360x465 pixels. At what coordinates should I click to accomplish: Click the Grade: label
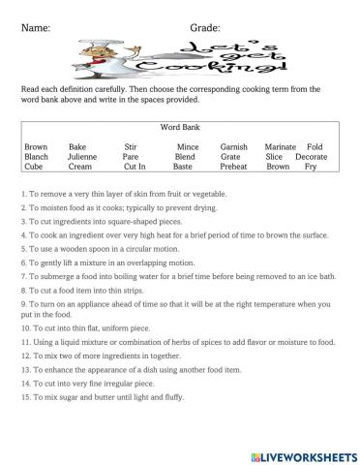[202, 28]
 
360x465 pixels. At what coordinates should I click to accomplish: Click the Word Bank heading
[177, 127]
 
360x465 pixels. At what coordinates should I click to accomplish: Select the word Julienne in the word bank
[83, 157]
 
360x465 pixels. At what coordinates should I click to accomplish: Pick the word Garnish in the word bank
[234, 146]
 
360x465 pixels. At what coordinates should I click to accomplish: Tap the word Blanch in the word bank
[36, 157]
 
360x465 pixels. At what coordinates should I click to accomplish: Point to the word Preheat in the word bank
[234, 167]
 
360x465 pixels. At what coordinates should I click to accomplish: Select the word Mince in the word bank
[187, 146]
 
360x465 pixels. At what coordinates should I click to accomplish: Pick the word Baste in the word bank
[184, 167]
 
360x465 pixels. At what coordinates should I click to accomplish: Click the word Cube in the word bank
[34, 167]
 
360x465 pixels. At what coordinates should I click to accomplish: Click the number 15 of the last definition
[23, 397]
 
